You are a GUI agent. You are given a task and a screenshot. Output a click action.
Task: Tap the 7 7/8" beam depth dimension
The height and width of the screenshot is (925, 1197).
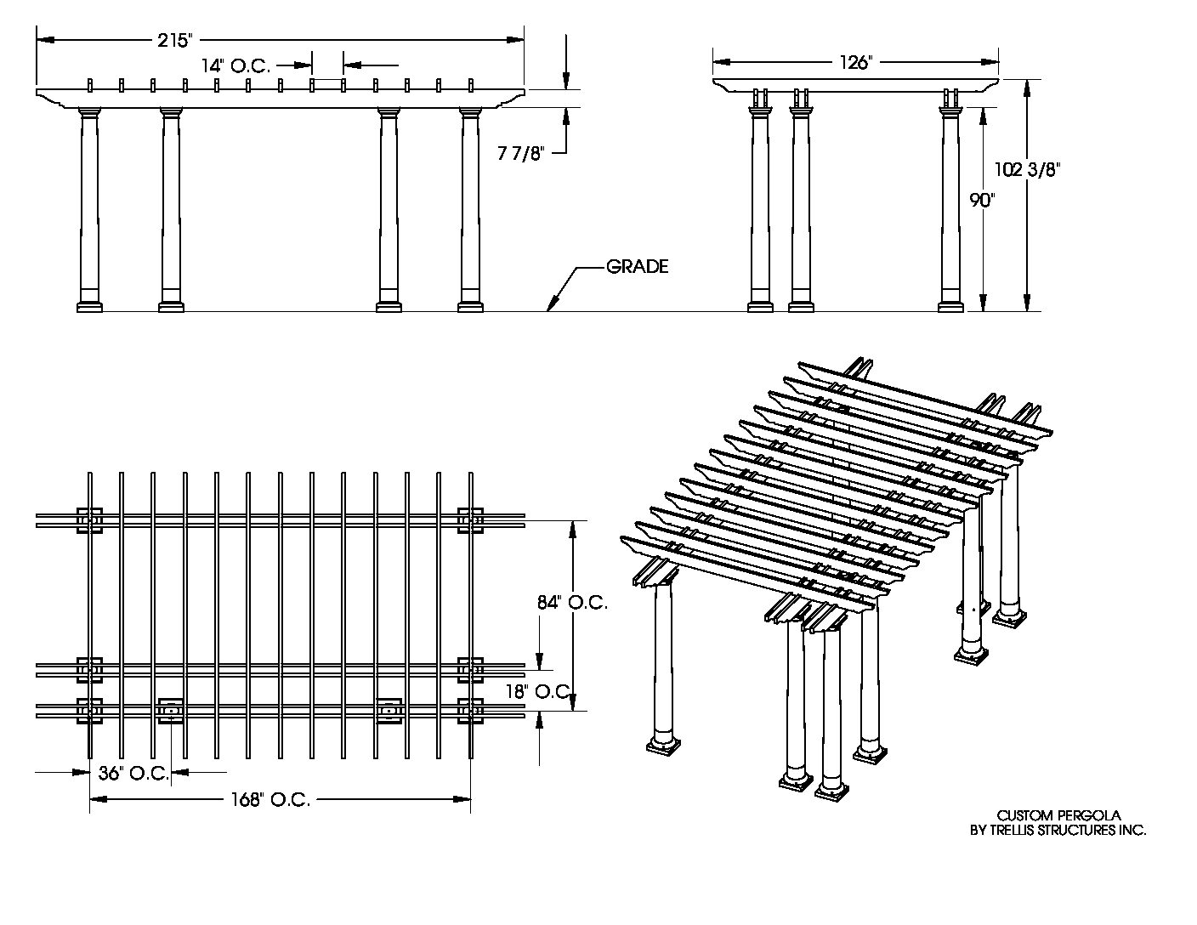pos(519,152)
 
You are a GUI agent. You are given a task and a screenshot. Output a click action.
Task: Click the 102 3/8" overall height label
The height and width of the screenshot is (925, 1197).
pos(1027,169)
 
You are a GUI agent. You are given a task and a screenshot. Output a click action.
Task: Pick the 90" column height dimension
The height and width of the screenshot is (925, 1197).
pos(982,201)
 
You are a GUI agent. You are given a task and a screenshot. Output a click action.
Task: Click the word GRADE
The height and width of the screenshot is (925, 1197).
pos(637,267)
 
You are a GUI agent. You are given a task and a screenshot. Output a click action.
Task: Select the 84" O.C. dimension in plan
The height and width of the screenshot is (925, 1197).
pos(571,602)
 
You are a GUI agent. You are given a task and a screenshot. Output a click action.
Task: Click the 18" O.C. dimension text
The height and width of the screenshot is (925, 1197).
pos(537,691)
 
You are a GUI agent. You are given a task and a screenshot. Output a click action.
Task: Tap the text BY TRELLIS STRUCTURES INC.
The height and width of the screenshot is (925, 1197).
pos(1058,830)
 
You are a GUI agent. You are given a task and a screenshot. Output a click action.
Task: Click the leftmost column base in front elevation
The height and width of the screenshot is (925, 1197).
pos(89,306)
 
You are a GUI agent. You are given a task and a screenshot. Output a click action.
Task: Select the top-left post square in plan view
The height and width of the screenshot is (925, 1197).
pos(90,519)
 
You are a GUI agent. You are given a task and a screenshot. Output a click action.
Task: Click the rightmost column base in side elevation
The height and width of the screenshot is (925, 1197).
pos(951,306)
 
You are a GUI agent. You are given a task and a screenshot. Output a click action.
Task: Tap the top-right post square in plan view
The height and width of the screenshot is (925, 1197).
pos(470,519)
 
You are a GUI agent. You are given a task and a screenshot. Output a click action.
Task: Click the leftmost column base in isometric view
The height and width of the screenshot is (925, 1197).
pos(663,745)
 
